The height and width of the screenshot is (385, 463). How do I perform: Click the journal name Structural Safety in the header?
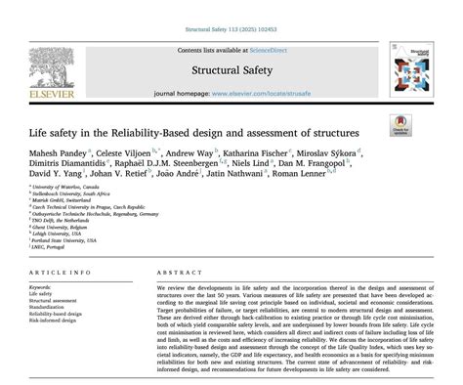point(230,70)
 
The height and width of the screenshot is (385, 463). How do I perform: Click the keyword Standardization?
point(48,305)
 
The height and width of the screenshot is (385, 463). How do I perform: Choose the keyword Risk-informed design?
point(54,319)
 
